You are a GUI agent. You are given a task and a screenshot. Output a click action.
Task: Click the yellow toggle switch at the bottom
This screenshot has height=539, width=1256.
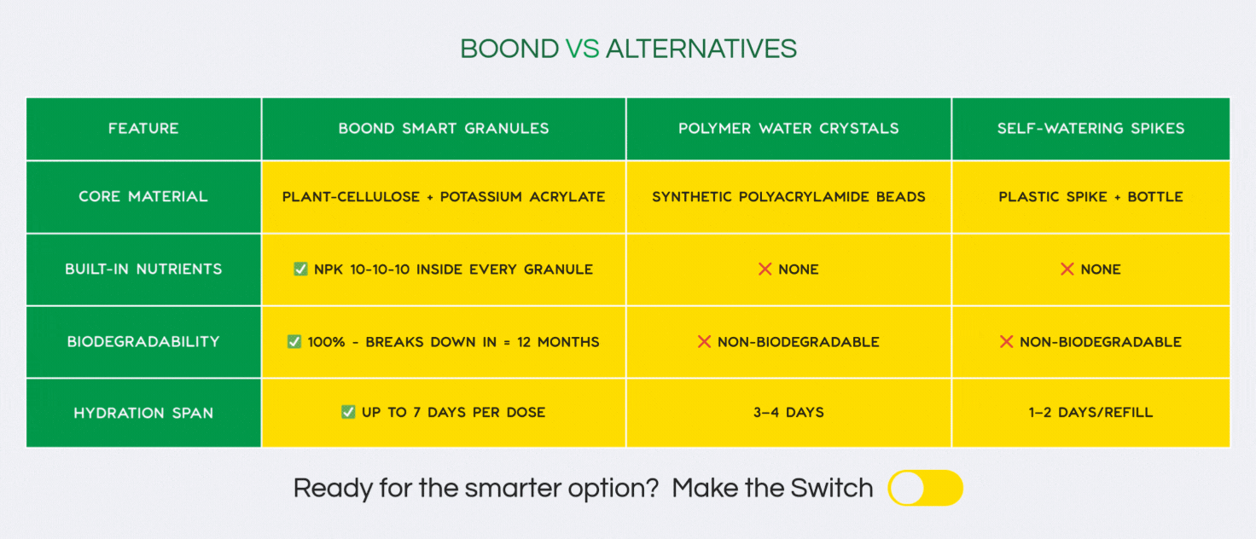(x=925, y=488)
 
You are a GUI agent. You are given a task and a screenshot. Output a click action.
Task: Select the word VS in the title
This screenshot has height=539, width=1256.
(x=583, y=49)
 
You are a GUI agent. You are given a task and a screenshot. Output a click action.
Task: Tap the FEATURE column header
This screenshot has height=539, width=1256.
(x=143, y=129)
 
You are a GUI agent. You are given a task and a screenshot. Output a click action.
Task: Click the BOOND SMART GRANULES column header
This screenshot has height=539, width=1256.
(x=444, y=129)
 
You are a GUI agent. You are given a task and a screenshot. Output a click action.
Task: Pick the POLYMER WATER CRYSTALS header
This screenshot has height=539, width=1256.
(x=788, y=129)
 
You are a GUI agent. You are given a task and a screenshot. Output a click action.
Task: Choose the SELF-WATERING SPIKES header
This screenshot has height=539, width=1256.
(x=1090, y=129)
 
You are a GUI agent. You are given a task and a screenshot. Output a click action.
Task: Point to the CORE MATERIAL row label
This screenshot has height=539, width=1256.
(x=143, y=197)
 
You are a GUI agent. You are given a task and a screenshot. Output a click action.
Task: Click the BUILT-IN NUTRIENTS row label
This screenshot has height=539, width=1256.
(x=143, y=269)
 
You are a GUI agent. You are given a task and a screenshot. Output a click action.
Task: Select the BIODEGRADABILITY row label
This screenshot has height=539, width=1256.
(x=143, y=342)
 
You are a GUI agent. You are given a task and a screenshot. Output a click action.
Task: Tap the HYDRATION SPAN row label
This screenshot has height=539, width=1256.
(x=143, y=414)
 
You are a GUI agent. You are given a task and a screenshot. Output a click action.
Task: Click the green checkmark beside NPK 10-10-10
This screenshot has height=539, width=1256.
(x=300, y=269)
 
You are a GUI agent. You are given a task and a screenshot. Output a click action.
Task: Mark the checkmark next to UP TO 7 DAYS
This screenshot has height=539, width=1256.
(x=348, y=412)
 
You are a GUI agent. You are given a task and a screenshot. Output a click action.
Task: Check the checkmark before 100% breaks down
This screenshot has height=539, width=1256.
(x=294, y=341)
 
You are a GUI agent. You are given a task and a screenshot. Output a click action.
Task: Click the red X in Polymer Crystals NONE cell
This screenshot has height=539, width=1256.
(x=765, y=269)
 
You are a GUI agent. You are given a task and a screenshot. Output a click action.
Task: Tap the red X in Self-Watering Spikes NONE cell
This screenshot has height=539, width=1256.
(x=1067, y=269)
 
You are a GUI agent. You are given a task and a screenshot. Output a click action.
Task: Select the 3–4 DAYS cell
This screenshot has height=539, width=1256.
(x=788, y=413)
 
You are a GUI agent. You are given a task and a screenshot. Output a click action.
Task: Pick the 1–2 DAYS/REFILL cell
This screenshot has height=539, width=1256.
(x=1090, y=413)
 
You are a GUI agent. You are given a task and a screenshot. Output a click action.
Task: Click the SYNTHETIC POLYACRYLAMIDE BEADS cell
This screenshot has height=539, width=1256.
(x=788, y=197)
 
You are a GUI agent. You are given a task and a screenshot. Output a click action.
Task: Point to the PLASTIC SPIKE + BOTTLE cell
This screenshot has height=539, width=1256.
(x=1090, y=197)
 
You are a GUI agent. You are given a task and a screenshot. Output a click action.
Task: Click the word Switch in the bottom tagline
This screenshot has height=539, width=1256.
(x=832, y=488)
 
